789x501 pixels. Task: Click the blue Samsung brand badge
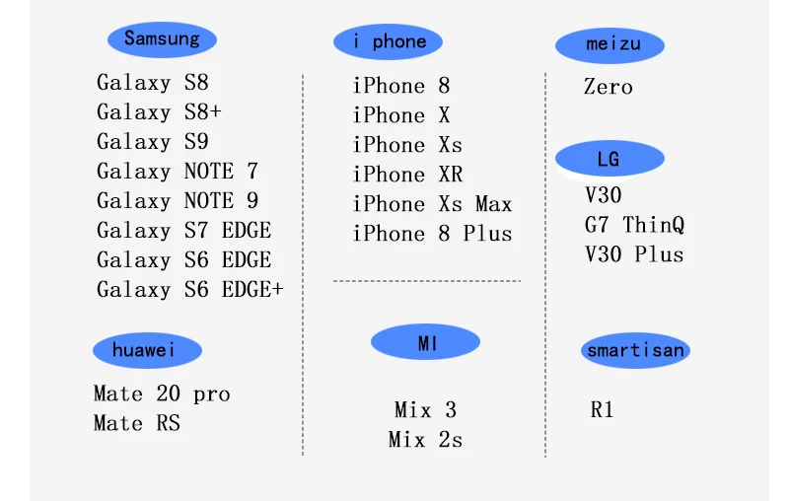[x=162, y=39]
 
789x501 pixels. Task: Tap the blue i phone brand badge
[x=389, y=41]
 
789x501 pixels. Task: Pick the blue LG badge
[x=609, y=159]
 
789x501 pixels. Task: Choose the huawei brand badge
[x=147, y=350]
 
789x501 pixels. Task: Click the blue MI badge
[x=426, y=342]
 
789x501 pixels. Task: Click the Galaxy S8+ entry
[x=159, y=112]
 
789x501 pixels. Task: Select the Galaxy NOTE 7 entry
[x=178, y=172]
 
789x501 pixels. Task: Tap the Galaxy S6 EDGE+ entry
[x=189, y=290]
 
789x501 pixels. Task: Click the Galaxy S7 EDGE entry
[x=183, y=231]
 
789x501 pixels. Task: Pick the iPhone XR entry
[x=407, y=175]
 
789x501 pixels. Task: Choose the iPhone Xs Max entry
[x=432, y=204]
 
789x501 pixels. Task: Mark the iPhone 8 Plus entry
[x=432, y=234]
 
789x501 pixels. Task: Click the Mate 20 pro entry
[x=162, y=394]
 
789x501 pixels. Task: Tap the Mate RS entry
[x=137, y=424]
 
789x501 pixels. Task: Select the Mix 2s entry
[x=425, y=440]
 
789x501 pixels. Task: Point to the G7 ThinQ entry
[x=634, y=225]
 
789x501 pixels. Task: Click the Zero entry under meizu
[x=608, y=87]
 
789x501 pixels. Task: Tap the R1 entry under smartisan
[x=602, y=410]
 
